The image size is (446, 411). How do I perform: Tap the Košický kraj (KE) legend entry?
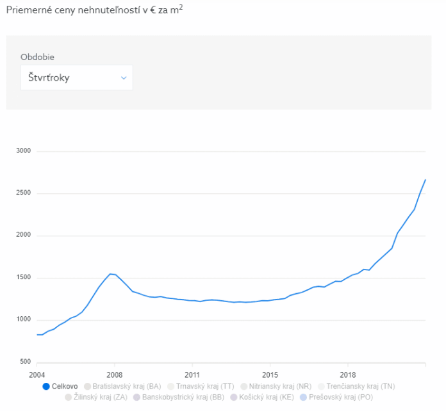click(263, 397)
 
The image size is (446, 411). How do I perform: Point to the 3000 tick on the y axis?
click(24, 152)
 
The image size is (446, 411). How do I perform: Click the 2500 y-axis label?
click(24, 194)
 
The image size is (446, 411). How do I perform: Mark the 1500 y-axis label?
click(24, 278)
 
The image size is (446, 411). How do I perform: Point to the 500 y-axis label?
click(26, 362)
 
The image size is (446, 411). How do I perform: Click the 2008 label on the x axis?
click(114, 375)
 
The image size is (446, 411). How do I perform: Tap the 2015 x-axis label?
click(270, 375)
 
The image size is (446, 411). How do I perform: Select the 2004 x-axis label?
click(37, 375)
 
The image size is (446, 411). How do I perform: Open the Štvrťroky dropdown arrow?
click(124, 77)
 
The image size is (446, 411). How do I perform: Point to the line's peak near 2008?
click(110, 274)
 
